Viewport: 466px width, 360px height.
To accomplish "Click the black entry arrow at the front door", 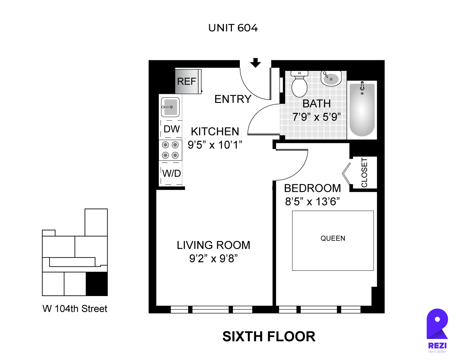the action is tap(255, 63).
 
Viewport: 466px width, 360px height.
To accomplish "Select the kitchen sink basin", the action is tap(170, 107).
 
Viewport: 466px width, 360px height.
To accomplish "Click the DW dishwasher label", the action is tap(172, 129).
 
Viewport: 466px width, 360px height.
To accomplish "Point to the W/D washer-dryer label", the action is tap(171, 173).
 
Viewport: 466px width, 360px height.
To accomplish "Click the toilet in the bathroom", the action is tap(299, 84).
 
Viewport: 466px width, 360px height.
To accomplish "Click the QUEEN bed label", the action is tap(333, 238).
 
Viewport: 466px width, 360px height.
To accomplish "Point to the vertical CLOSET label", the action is tap(364, 173).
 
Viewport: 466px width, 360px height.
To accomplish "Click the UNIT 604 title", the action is tap(233, 28).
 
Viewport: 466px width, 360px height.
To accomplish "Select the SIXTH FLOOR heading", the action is tap(269, 336).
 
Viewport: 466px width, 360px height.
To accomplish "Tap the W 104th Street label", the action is tap(75, 309).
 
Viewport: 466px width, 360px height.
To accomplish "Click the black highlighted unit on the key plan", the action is tap(97, 284).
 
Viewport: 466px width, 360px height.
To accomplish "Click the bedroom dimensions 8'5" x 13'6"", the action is tap(312, 201).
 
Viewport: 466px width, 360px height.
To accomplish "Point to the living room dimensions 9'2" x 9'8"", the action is tap(214, 258).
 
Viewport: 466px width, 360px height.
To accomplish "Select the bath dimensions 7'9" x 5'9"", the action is tap(316, 117).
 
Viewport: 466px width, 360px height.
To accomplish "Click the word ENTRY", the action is tap(233, 99).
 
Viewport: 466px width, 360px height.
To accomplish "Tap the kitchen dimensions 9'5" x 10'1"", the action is tap(215, 145).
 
